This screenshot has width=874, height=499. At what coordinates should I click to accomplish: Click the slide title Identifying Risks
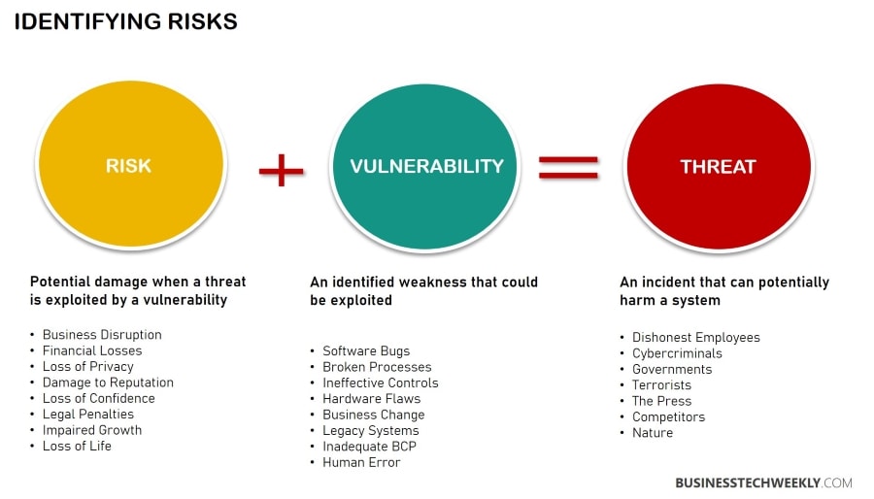(125, 21)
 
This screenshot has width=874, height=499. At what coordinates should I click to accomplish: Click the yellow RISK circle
(130, 166)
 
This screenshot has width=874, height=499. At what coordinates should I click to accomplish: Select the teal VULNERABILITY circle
(426, 166)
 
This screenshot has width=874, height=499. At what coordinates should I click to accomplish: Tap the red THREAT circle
(718, 166)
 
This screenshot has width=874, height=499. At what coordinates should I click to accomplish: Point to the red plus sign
(281, 171)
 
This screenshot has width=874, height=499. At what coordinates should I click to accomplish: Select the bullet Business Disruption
(102, 335)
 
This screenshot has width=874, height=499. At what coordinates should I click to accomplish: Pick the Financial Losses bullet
(92, 350)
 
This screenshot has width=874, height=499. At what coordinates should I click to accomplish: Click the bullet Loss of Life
(77, 447)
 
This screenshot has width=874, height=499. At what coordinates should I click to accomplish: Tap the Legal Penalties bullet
(88, 415)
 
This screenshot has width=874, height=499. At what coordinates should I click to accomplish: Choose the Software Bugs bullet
(366, 351)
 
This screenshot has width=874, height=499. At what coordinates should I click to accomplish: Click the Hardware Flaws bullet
(371, 399)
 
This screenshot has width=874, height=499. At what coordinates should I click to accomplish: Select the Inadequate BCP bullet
(371, 447)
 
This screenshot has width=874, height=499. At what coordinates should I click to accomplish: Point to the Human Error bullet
(361, 463)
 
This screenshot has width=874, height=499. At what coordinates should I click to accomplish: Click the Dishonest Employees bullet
(695, 338)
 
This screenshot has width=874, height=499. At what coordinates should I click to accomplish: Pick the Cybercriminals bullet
(677, 353)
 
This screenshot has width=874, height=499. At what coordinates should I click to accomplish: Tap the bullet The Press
(661, 401)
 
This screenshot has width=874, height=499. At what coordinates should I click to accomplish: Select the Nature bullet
(652, 433)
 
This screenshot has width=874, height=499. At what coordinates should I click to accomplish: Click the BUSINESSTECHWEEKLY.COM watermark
(763, 482)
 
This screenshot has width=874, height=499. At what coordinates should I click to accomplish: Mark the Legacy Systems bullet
(370, 431)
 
